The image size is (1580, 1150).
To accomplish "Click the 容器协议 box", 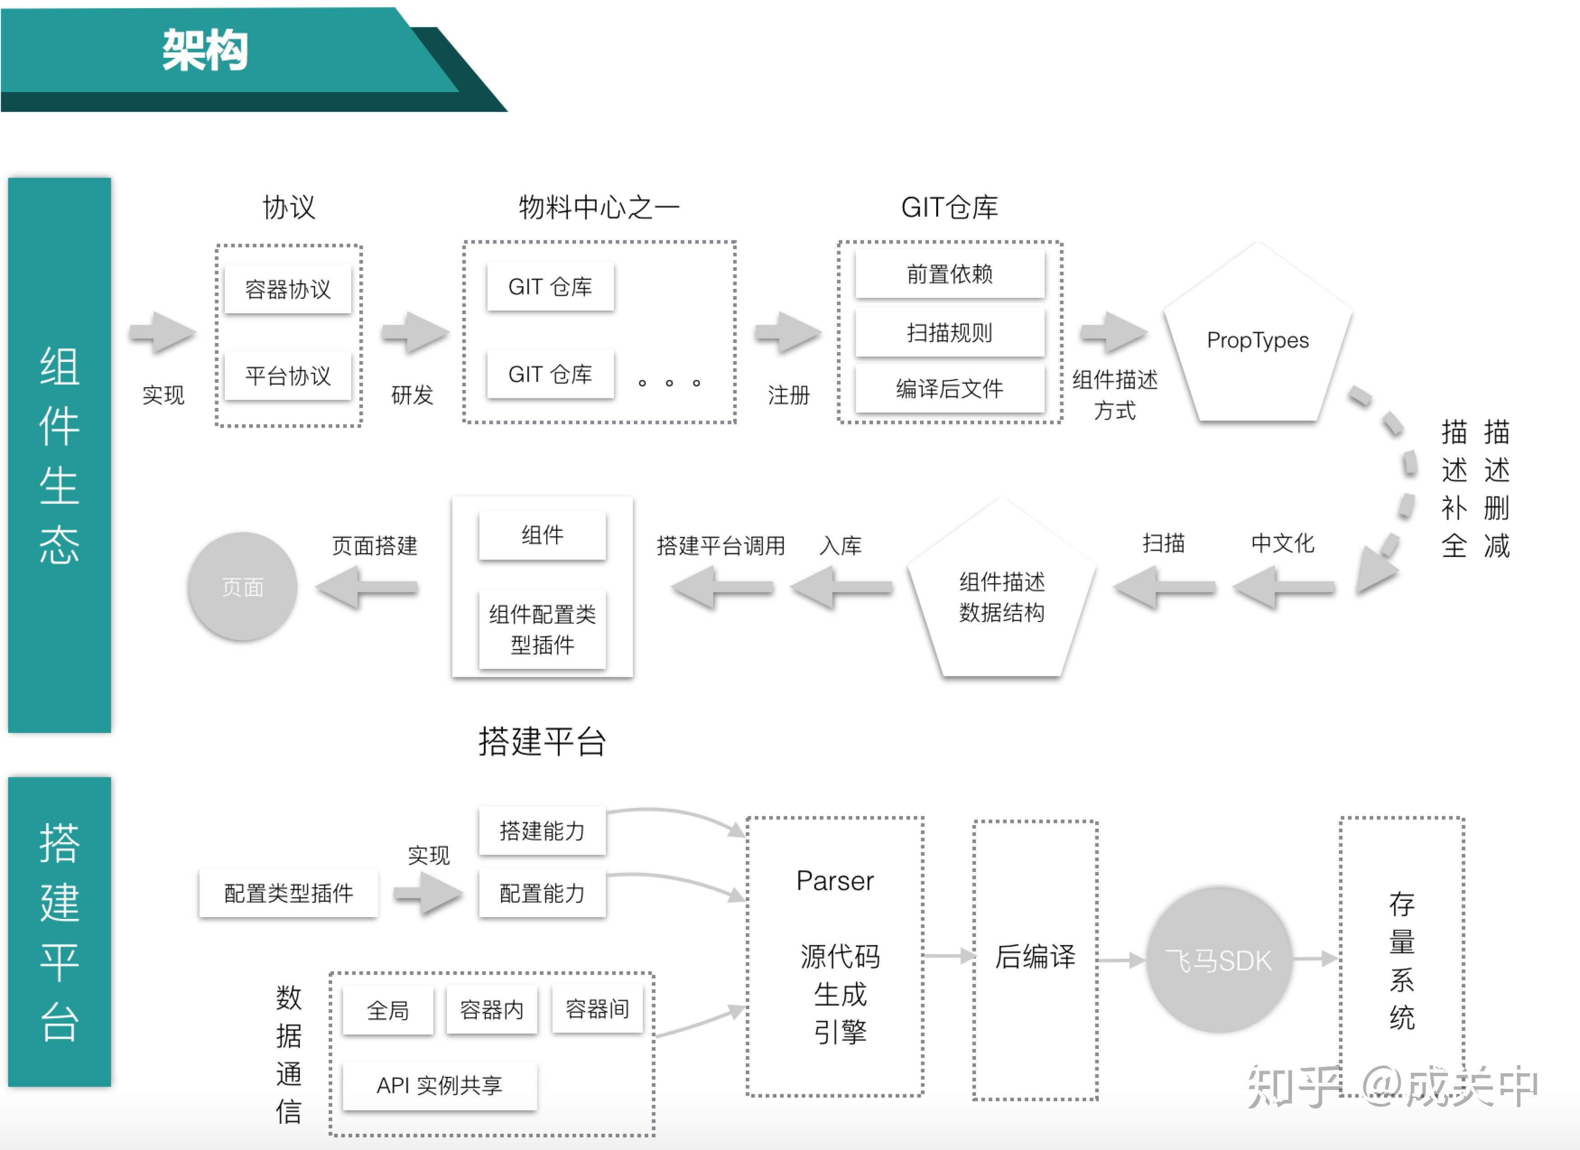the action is click(x=288, y=288).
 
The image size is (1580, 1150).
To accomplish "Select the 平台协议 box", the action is click(x=288, y=376).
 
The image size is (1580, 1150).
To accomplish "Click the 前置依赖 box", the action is click(x=949, y=274).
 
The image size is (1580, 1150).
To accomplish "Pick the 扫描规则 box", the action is click(x=949, y=332).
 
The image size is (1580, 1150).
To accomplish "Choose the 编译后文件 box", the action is click(x=949, y=388).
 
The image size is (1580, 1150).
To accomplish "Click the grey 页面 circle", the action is click(x=242, y=586).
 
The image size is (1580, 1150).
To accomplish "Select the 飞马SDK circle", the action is click(x=1219, y=960).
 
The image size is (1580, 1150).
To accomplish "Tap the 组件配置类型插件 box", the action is click(x=542, y=629).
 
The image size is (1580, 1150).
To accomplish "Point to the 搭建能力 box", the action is click(x=542, y=830).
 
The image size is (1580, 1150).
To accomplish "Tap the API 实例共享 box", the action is click(x=440, y=1085).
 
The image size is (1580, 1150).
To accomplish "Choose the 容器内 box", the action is click(x=492, y=1009).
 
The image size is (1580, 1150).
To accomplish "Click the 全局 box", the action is click(x=388, y=1009).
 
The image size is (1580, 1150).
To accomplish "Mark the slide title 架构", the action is click(x=205, y=50).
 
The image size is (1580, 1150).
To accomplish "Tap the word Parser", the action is click(x=835, y=881).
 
